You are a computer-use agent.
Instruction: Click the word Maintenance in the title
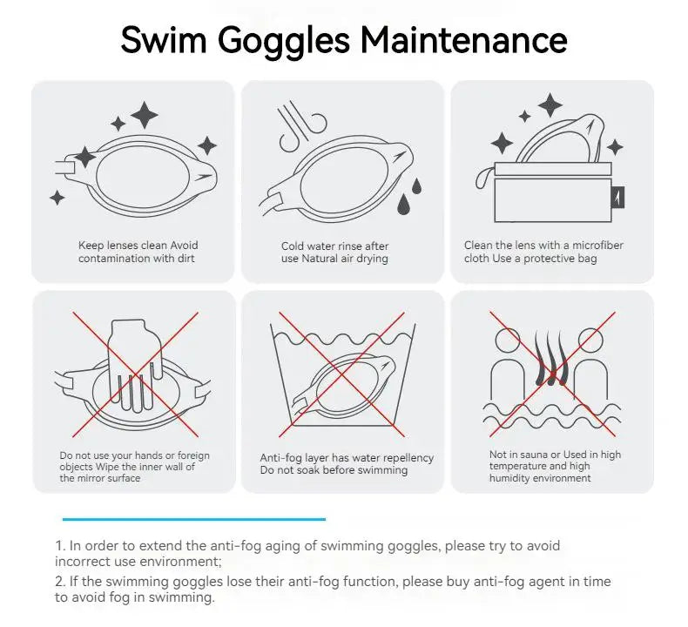(x=464, y=40)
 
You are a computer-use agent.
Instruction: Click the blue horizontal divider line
(x=192, y=519)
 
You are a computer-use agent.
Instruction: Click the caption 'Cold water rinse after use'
(x=335, y=253)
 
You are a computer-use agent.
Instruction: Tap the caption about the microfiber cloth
(x=543, y=253)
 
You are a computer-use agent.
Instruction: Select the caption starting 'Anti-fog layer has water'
(x=347, y=464)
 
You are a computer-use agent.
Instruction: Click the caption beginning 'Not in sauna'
(x=555, y=466)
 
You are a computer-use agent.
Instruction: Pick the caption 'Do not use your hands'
(x=134, y=467)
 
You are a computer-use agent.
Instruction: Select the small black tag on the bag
(x=617, y=197)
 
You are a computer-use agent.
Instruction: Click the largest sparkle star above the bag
(x=550, y=106)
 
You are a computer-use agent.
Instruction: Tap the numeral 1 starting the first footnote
(x=59, y=546)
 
